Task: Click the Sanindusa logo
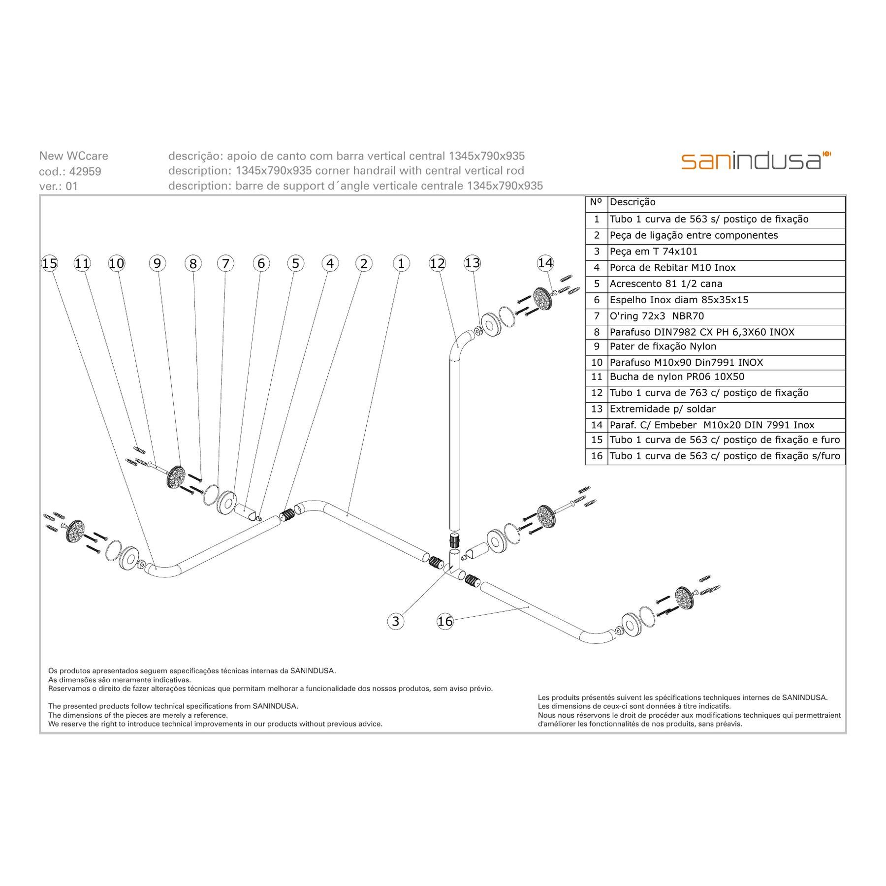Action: (756, 161)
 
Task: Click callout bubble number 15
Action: (49, 263)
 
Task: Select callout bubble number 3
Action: (396, 621)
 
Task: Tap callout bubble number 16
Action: (445, 621)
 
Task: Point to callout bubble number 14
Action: (545, 263)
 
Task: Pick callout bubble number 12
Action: (437, 263)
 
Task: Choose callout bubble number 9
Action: (157, 263)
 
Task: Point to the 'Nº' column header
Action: (596, 202)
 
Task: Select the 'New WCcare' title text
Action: (73, 156)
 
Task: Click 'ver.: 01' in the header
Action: (59, 186)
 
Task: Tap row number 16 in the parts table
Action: (597, 456)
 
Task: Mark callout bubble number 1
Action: (401, 263)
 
